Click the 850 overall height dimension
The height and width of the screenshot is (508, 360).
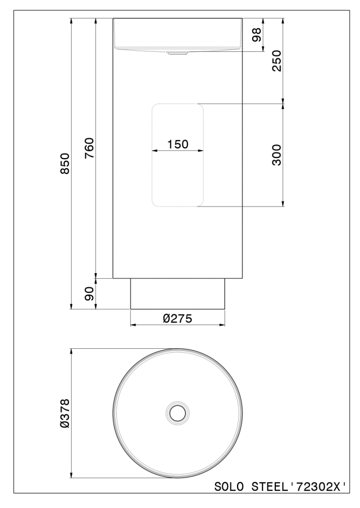pyautogui.click(x=66, y=164)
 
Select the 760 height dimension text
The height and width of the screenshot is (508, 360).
pyautogui.click(x=89, y=148)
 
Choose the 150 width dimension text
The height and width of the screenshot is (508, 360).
pyautogui.click(x=177, y=144)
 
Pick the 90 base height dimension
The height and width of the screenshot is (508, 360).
pyautogui.click(x=89, y=294)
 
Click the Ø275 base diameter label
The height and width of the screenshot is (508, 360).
pyautogui.click(x=177, y=318)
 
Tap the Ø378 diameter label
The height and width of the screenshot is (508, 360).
pyautogui.click(x=65, y=413)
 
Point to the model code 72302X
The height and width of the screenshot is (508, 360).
pyautogui.click(x=319, y=487)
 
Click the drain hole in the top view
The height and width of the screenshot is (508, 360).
pyautogui.click(x=178, y=413)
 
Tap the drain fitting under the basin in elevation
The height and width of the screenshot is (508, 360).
pyautogui.click(x=178, y=53)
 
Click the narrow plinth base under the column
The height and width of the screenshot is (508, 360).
pyautogui.click(x=178, y=294)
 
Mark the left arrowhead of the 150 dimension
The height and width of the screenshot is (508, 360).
pyautogui.click(x=155, y=151)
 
